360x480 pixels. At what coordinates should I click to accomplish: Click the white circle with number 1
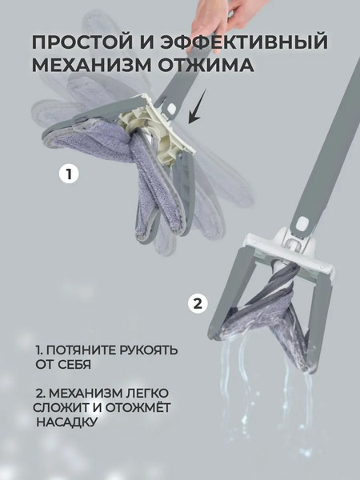[70, 173]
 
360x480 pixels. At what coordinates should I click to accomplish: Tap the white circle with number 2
[198, 303]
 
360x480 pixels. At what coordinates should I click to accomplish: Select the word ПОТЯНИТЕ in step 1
[85, 350]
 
